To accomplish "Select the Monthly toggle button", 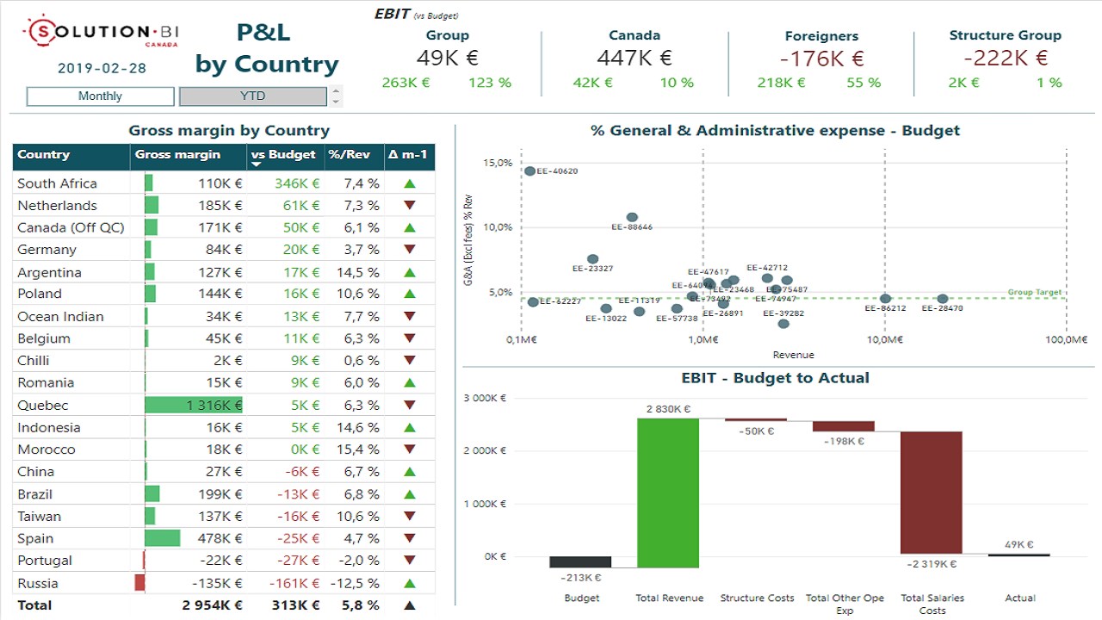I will point(100,96).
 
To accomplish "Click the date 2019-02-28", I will point(102,68).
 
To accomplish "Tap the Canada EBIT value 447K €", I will point(634,59).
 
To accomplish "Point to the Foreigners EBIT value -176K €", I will point(821,59).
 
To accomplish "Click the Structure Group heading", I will point(1005,35).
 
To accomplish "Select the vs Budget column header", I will point(283,155).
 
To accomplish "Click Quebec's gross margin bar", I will point(193,405).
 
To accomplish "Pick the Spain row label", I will point(35,538).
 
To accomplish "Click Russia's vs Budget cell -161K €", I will point(294,583).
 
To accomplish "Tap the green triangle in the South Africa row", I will point(410,183).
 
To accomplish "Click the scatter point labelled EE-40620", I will point(529,171).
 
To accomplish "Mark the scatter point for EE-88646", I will point(632,218).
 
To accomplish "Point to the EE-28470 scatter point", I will point(943,299).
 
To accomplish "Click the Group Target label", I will point(1034,293).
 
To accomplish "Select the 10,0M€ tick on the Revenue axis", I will point(884,339).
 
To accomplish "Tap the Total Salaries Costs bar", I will point(931,493).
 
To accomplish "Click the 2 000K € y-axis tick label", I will point(486,450).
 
